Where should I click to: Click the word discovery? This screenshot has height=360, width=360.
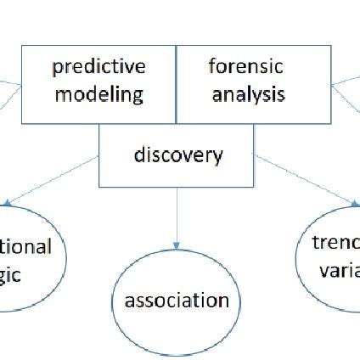point(178,155)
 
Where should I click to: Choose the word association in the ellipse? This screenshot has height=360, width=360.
point(177,300)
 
